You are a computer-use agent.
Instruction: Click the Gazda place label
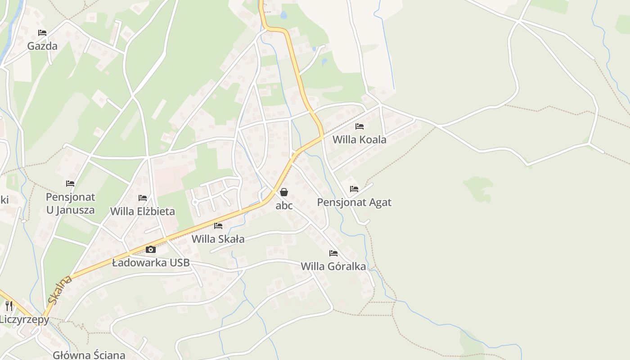[x=42, y=46]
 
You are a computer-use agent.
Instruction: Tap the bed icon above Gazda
[x=42, y=33]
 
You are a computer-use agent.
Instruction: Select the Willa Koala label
[x=359, y=139]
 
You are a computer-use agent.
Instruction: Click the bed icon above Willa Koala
[x=359, y=126]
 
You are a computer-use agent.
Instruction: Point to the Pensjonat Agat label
[x=354, y=202]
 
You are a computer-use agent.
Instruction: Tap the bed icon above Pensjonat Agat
[x=354, y=189]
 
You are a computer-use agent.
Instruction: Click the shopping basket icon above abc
[x=284, y=192]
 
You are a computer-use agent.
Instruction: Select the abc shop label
[x=284, y=206]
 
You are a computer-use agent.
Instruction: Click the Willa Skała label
[x=218, y=239]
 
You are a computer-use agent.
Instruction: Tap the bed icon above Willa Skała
[x=218, y=226]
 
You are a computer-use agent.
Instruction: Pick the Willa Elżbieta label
[x=143, y=211]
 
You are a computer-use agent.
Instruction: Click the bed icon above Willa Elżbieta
[x=143, y=198]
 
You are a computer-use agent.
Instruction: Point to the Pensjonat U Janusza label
[x=71, y=203]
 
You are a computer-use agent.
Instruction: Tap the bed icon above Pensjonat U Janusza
[x=70, y=184]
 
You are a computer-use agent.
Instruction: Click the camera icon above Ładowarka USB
[x=151, y=249]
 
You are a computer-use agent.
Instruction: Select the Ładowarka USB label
[x=151, y=263]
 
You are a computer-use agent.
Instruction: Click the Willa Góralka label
[x=333, y=266]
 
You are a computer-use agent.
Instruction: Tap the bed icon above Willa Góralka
[x=333, y=253]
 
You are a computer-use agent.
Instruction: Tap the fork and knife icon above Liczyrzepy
[x=9, y=306]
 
